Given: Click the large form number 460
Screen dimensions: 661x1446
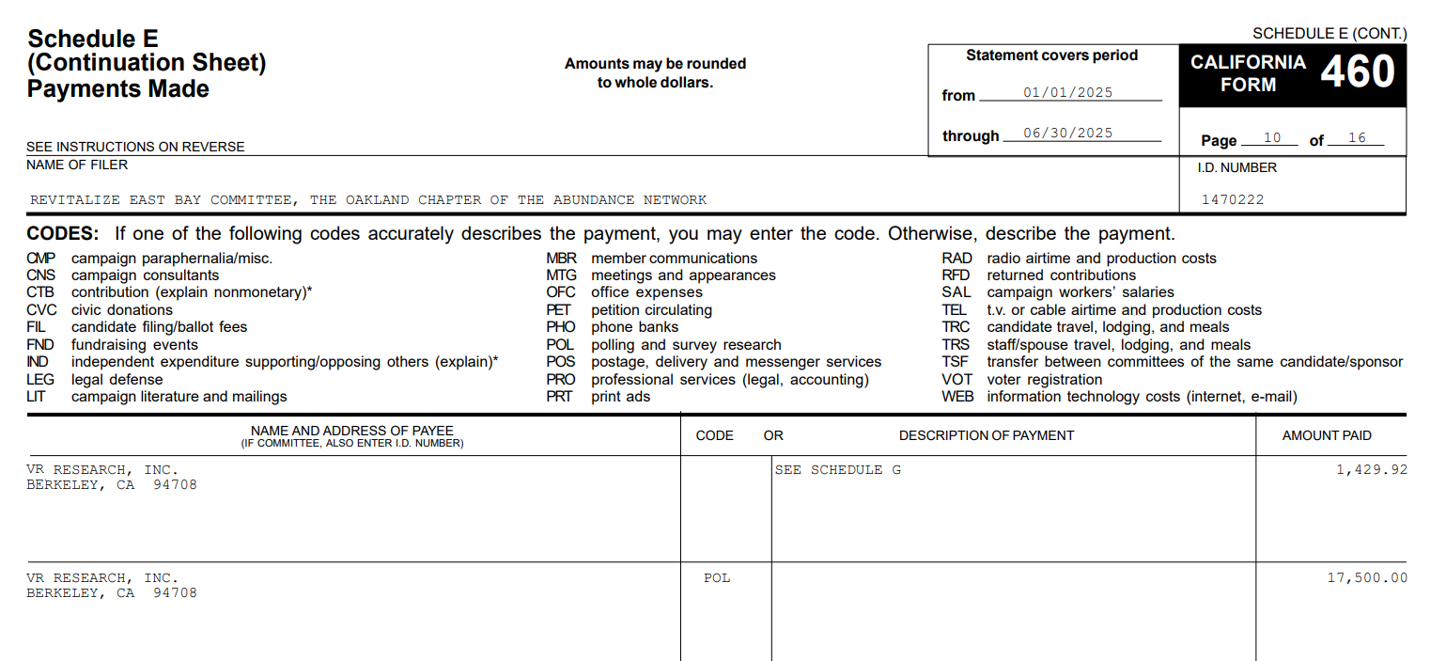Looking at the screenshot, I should [1358, 72].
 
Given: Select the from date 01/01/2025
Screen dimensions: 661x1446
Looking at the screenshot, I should [1067, 92].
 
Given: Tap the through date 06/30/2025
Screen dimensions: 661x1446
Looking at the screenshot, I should [1067, 133].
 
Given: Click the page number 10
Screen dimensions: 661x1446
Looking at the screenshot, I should [1272, 138].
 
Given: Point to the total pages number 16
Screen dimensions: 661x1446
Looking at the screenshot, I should [1357, 138].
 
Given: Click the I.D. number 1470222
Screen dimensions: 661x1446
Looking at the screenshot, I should [1233, 199].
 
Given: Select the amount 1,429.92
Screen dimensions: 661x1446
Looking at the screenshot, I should [1372, 469].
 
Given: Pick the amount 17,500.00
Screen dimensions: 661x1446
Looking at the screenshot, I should [1367, 577].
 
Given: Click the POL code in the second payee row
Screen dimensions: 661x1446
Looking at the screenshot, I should [717, 577].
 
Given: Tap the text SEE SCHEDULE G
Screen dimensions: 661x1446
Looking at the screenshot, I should [837, 469].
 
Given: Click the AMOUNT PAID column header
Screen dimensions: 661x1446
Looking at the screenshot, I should [1327, 435].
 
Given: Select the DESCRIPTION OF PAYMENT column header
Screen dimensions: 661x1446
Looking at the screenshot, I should [986, 435].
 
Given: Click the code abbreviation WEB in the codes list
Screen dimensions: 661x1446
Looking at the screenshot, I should [957, 397].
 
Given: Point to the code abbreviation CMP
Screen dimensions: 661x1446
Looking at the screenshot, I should [41, 258].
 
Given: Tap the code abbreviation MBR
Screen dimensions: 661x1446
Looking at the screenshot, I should [561, 258].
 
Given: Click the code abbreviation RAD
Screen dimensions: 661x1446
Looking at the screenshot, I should [956, 258].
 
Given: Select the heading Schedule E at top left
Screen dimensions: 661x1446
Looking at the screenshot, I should [93, 39].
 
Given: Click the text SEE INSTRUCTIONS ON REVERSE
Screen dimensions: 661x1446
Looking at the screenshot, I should [135, 147].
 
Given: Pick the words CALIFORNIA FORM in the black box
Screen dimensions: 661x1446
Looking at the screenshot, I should [1248, 73].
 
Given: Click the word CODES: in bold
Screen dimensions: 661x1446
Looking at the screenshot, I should [62, 233].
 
